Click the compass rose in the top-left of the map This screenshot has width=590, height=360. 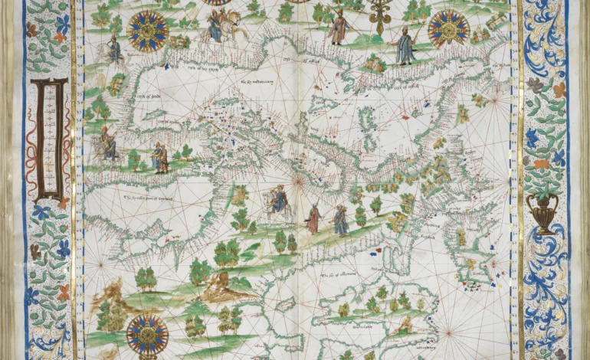click(x=148, y=31)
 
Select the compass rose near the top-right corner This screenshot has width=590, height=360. click(x=448, y=28)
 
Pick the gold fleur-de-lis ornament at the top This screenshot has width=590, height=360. click(x=379, y=13)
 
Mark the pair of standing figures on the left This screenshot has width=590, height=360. click(x=159, y=158)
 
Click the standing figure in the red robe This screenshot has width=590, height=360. click(x=313, y=219)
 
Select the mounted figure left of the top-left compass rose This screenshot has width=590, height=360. click(x=114, y=51)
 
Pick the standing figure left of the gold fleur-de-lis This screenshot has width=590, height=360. click(x=339, y=27)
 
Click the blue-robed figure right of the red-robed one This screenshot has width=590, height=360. click(x=340, y=220)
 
